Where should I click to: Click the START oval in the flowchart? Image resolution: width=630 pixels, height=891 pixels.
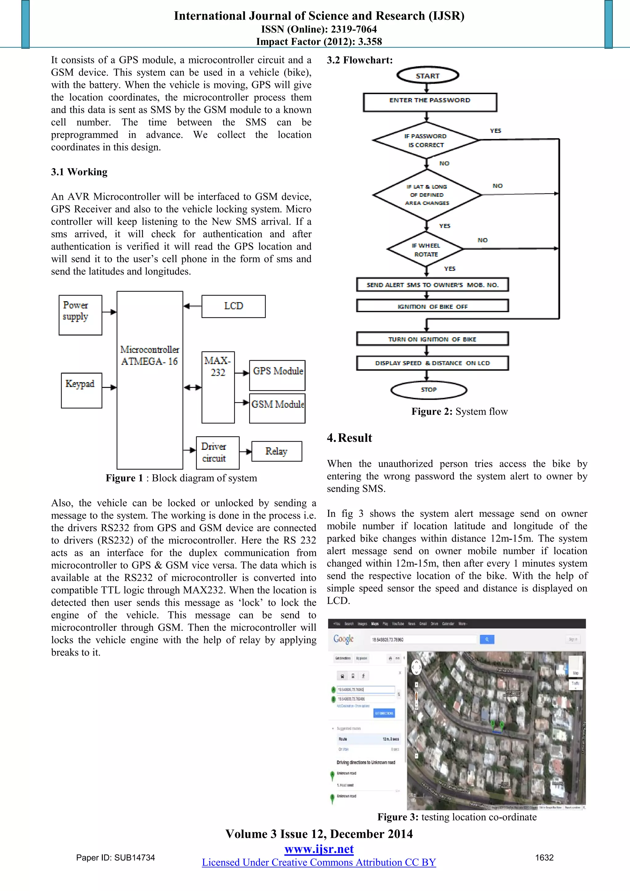pos(428,76)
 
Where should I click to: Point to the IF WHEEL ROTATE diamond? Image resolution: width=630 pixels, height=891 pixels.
pos(426,250)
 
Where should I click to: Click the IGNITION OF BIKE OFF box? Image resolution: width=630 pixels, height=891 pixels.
pos(432,306)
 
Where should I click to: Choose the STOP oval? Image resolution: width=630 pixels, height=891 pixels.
pos(429,390)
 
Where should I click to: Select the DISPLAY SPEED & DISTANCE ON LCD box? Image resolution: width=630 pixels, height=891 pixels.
pos(432,363)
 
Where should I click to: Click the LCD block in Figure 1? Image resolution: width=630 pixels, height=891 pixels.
pos(233,306)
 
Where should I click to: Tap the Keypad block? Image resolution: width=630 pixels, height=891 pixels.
pos(82,390)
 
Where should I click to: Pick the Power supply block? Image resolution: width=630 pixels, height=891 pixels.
pos(80,315)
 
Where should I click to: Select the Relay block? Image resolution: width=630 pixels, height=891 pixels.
pos(276,451)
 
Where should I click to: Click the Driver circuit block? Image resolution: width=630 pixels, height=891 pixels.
pos(217,453)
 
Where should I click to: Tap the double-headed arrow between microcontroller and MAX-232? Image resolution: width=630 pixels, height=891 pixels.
pos(192,387)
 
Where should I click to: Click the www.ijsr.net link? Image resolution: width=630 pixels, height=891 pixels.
pos(319,849)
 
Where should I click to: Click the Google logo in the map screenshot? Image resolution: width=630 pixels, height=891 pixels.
pos(343,639)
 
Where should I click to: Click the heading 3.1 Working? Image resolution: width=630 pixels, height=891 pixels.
pos(79,172)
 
